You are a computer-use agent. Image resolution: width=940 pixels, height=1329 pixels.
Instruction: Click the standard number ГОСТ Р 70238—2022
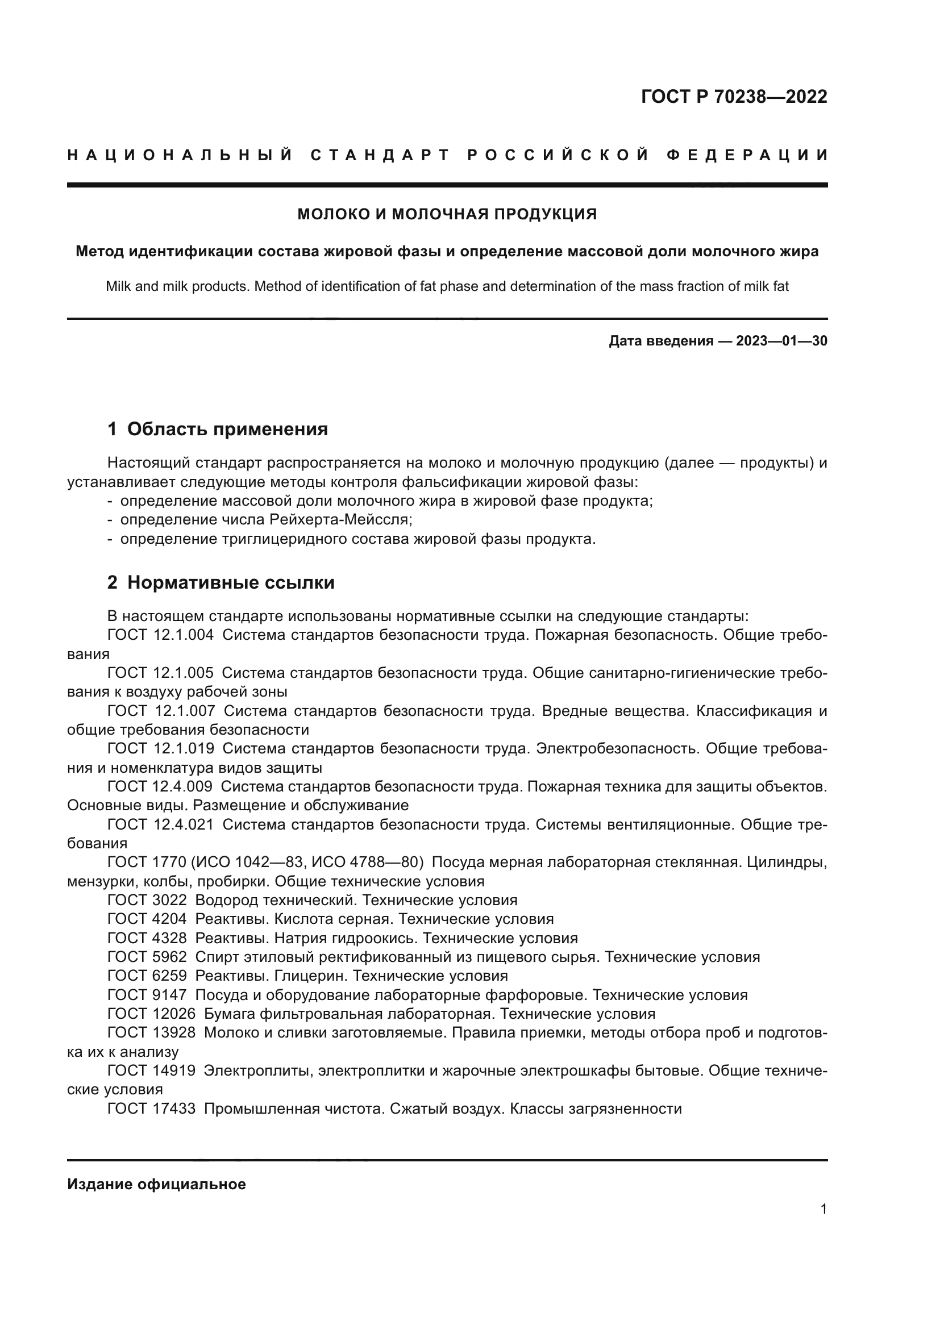[733, 97]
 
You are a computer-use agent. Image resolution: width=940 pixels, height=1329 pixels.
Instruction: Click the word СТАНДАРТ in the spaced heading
[380, 155]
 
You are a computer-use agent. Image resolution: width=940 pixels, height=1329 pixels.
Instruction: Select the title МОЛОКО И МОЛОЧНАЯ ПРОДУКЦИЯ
[447, 214]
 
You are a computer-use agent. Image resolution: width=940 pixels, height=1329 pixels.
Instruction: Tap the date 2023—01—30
[781, 341]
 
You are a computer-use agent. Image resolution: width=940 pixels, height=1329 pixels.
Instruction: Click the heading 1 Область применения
[218, 430]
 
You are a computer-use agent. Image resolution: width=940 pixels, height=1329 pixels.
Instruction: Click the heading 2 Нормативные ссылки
[221, 583]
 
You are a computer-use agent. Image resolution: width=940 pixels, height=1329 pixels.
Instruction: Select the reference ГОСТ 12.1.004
[160, 635]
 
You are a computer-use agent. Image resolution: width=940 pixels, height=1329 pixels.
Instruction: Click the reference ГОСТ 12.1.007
[161, 711]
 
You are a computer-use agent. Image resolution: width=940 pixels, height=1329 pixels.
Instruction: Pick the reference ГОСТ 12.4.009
[160, 786]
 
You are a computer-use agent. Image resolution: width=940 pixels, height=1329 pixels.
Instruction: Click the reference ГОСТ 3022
[147, 900]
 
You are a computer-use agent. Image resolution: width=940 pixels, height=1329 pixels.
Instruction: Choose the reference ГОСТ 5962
[147, 957]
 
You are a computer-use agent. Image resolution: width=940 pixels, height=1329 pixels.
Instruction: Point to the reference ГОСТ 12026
[152, 1014]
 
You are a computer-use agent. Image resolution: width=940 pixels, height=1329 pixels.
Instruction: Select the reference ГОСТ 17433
[152, 1109]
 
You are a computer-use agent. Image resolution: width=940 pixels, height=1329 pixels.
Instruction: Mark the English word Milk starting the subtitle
[118, 286]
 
